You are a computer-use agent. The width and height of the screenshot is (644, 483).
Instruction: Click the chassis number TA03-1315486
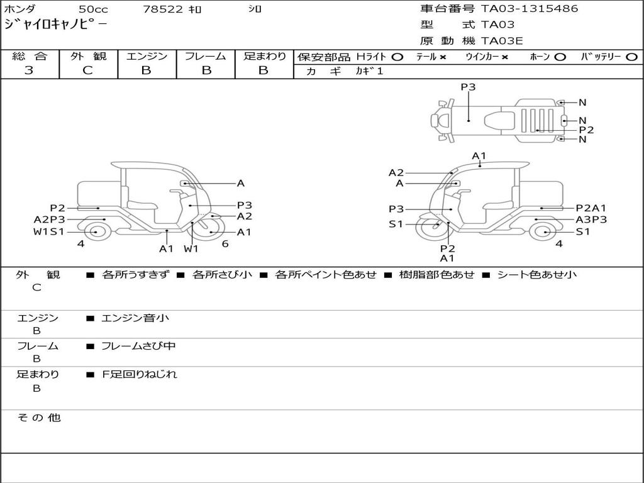[530, 9]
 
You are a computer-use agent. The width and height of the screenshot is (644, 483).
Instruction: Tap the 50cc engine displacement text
[92, 9]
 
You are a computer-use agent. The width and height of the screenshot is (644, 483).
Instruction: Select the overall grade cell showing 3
[29, 70]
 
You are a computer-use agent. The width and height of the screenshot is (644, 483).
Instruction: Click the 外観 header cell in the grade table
[88, 56]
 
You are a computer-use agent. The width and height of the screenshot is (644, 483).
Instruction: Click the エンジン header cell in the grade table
[147, 56]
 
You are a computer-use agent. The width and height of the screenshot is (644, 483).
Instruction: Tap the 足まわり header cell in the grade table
[264, 56]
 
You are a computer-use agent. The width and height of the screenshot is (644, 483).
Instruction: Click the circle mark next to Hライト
[397, 57]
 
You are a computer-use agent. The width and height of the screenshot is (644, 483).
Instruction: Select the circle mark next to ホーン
[560, 57]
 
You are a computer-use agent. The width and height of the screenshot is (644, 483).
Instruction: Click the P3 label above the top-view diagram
[468, 87]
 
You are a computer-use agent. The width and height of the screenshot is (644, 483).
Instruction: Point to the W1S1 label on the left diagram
[49, 231]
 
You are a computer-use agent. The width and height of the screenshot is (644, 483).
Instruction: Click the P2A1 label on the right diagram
[591, 208]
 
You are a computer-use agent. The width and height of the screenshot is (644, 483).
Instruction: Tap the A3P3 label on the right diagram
[591, 219]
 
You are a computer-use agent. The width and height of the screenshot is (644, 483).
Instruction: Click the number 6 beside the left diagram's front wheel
[225, 243]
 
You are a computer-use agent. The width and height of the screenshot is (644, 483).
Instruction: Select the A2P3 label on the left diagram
[49, 219]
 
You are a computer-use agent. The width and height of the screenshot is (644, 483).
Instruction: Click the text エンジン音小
[135, 318]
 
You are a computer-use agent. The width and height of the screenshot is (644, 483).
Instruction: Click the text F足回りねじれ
[140, 374]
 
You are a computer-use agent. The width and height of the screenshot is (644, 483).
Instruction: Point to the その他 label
[38, 418]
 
